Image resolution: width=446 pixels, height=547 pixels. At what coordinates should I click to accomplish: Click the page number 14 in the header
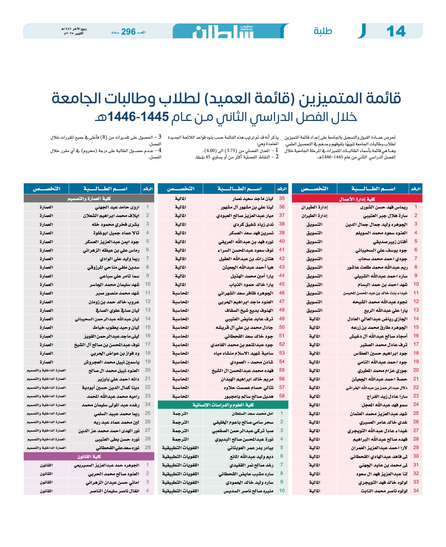(396, 32)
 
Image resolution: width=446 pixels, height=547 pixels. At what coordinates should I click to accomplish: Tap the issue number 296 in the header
(128, 32)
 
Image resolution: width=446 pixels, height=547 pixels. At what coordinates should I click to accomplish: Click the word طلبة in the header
(323, 31)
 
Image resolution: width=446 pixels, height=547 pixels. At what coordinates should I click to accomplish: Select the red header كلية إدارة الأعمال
(357, 199)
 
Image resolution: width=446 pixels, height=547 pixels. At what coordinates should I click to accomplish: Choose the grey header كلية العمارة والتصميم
(89, 199)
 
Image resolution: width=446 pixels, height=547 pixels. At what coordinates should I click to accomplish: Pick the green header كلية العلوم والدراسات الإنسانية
(223, 405)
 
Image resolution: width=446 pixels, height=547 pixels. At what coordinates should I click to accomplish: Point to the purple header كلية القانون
(89, 456)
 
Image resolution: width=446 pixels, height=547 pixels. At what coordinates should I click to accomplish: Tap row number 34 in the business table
(416, 490)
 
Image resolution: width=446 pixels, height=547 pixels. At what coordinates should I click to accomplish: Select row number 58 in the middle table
(282, 396)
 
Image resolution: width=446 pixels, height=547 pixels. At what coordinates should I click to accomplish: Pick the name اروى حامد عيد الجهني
(117, 207)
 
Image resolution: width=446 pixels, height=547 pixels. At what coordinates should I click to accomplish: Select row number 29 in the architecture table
(148, 447)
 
